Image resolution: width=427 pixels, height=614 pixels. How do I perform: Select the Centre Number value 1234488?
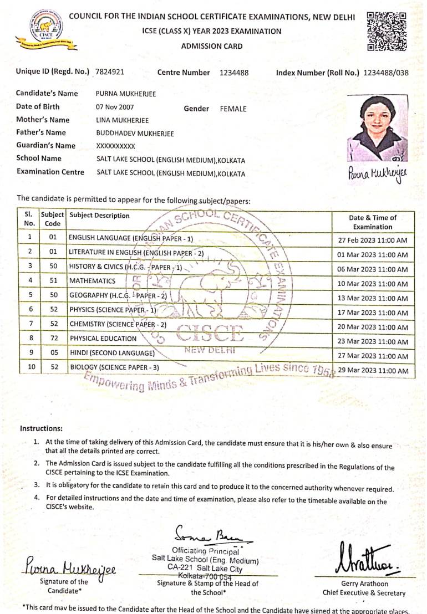[x=234, y=72]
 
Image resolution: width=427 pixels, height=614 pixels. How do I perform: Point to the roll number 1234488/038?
[x=385, y=73]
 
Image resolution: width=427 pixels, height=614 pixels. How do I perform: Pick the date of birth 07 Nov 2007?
[x=115, y=107]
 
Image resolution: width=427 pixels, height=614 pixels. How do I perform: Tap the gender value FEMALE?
[x=233, y=109]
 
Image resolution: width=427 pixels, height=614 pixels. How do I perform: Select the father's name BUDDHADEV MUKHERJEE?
[x=135, y=133]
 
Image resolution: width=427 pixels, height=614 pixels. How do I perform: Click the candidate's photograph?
[x=377, y=128]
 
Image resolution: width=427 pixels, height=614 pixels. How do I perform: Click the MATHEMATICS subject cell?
[x=92, y=281]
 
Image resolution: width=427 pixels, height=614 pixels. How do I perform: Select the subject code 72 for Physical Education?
[x=53, y=338]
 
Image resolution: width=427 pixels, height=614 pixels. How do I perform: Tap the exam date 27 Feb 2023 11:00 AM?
[x=372, y=241]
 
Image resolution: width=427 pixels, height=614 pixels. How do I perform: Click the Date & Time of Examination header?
[x=372, y=222]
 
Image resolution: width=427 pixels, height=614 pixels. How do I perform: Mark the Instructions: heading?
[x=41, y=428]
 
